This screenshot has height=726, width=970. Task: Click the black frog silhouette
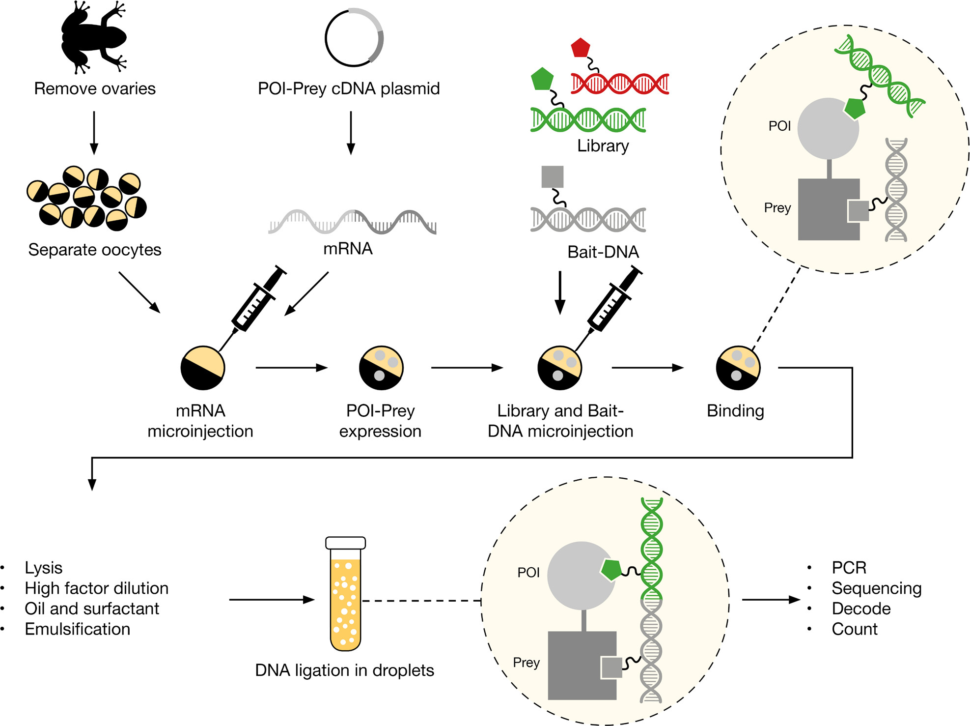[x=93, y=37]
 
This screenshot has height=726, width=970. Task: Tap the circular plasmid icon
[x=354, y=38]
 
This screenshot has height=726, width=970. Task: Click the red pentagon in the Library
[x=581, y=48]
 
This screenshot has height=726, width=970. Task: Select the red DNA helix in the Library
[x=620, y=84]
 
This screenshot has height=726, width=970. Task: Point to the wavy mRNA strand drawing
[x=352, y=222]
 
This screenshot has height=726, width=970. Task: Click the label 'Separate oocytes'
[x=95, y=250]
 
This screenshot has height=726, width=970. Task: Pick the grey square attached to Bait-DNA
[x=552, y=176]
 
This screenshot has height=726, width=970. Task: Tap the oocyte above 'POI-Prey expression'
[x=381, y=368]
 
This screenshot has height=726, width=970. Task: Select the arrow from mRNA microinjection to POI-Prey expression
[x=291, y=368]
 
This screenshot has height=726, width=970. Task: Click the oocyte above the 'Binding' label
[x=738, y=368]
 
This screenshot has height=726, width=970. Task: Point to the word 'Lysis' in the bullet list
[x=44, y=568]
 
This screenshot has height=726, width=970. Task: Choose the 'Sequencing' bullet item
[x=876, y=588]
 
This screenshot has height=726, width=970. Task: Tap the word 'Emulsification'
[x=78, y=629]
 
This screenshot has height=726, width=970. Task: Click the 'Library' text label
[x=603, y=146]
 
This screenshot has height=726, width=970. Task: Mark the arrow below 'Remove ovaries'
[x=94, y=133]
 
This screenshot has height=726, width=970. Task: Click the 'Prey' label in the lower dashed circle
[x=526, y=663]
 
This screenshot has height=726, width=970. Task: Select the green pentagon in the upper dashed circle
[x=855, y=108]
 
